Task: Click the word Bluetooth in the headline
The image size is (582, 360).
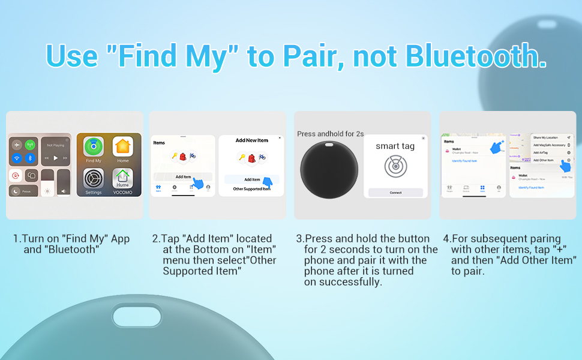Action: point(475,56)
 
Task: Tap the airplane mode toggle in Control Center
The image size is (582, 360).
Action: point(16,145)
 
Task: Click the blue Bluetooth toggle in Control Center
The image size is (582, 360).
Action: point(29,158)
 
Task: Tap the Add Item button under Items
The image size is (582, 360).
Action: point(183,176)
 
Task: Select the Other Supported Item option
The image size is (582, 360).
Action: point(251,189)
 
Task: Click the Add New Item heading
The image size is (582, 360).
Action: point(251,140)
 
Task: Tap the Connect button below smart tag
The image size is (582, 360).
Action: point(395,193)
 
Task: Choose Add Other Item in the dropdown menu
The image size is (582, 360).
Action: point(544,160)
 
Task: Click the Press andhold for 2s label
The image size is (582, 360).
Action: point(330,134)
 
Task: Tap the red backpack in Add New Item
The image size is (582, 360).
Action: point(251,158)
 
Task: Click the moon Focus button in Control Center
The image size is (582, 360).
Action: point(16,191)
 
